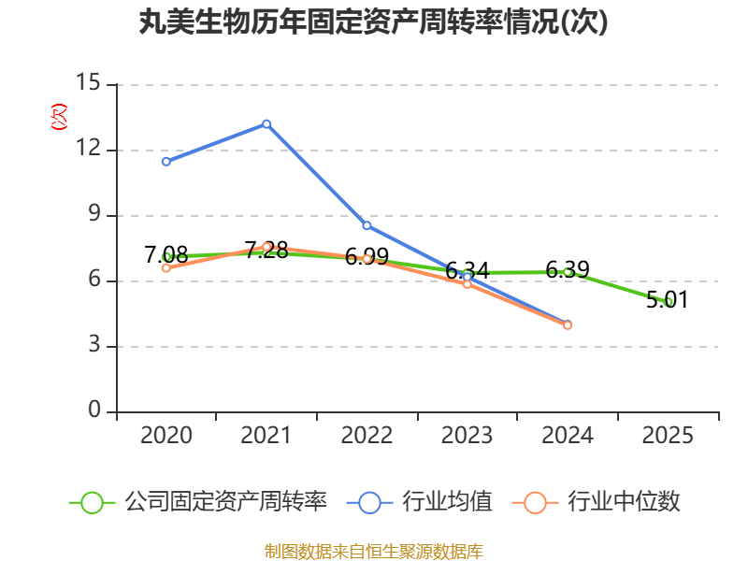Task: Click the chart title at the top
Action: point(373,22)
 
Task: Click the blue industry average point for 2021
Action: point(266,123)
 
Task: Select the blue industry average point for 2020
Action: point(166,162)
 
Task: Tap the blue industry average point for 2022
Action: point(367,225)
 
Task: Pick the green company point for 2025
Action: point(669,302)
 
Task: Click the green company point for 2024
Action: point(568,272)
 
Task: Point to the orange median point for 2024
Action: point(568,325)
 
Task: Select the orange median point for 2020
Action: point(166,267)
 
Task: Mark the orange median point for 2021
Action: point(266,247)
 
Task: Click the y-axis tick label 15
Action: point(88,83)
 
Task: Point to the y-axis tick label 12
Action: point(88,149)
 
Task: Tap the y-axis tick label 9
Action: point(94,214)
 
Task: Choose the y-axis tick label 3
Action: point(94,345)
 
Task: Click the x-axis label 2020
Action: point(166,436)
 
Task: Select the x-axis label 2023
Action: point(467,436)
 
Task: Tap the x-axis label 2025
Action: point(669,436)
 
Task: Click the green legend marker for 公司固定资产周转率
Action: point(92,502)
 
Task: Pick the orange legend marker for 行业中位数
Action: point(535,502)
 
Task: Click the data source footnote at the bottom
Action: point(373,551)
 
